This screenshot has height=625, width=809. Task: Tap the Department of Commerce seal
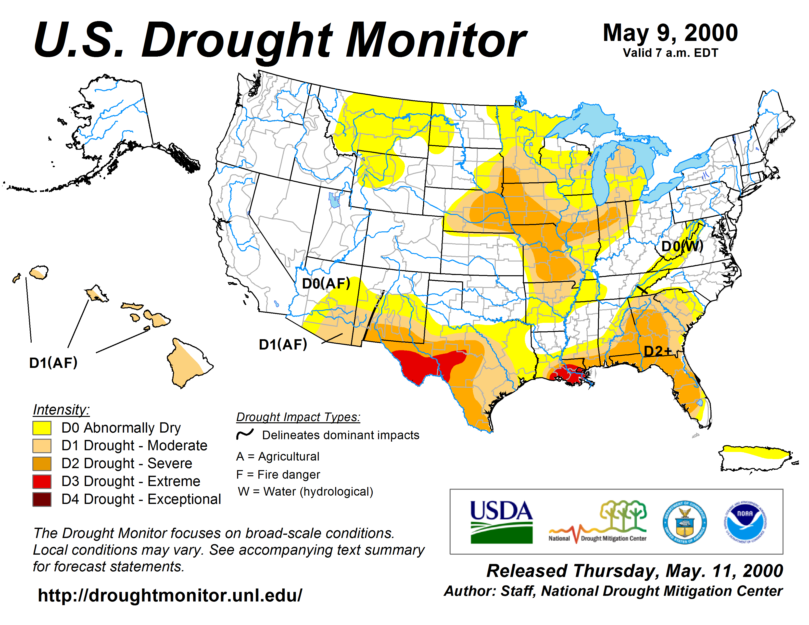[684, 522]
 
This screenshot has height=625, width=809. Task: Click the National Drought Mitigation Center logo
[598, 522]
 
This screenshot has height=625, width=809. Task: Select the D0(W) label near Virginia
[682, 246]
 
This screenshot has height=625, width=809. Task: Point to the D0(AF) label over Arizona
[326, 284]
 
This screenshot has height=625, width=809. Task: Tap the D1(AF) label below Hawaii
[53, 363]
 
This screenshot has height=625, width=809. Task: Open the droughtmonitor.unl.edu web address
[170, 595]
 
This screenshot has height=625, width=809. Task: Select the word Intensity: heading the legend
[61, 410]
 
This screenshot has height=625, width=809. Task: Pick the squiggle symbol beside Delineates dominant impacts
[245, 434]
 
